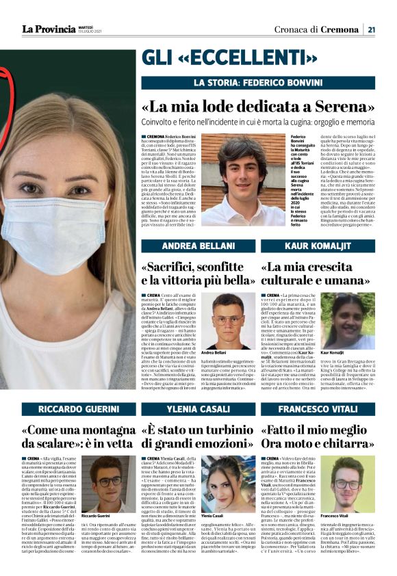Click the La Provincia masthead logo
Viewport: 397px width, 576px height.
[48, 29]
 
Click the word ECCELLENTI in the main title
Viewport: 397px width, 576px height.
[242, 57]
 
